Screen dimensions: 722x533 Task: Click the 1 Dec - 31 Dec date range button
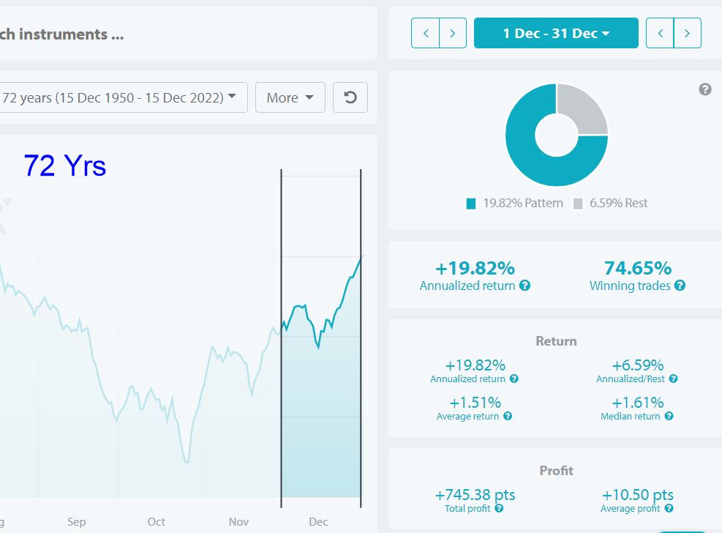(x=556, y=33)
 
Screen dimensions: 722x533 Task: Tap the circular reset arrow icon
(x=350, y=97)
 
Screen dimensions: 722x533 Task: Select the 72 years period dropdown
(x=121, y=97)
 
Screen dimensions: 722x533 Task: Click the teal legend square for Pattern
(x=470, y=204)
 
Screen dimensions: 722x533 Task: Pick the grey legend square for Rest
(x=578, y=204)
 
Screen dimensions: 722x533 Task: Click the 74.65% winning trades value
(x=638, y=268)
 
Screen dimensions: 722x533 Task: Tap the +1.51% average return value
(x=475, y=403)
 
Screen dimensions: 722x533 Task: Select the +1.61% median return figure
(x=638, y=403)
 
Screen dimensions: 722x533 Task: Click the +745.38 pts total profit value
(x=475, y=495)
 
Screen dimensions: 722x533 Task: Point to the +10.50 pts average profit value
(x=638, y=495)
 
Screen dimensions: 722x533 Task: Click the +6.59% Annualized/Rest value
(x=638, y=365)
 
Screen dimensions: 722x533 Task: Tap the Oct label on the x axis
(x=156, y=521)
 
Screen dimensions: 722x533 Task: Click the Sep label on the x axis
(x=76, y=522)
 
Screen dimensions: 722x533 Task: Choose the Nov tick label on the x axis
(x=238, y=521)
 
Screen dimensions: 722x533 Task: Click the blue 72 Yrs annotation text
(x=65, y=165)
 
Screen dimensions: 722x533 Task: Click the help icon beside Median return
(x=669, y=416)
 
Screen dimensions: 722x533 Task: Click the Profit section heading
(x=556, y=470)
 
